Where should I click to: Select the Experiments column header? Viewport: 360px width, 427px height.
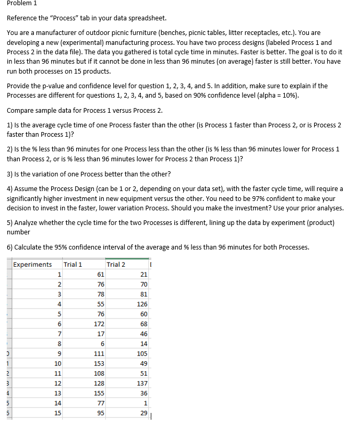(x=32, y=264)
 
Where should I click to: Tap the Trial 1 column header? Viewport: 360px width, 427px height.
(x=73, y=264)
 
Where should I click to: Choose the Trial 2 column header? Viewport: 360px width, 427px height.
(x=116, y=264)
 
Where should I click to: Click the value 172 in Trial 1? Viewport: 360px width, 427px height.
(x=99, y=324)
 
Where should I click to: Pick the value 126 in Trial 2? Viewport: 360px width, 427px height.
(x=142, y=304)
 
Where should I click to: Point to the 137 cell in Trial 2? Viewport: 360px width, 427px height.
(x=142, y=384)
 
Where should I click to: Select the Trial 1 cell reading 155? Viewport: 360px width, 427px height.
(x=99, y=394)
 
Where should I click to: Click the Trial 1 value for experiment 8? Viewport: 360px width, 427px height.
(x=102, y=344)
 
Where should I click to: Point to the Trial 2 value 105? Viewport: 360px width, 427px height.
(x=142, y=354)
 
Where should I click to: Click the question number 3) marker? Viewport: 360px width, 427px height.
(x=10, y=174)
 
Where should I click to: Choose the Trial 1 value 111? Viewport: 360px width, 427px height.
(x=99, y=354)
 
